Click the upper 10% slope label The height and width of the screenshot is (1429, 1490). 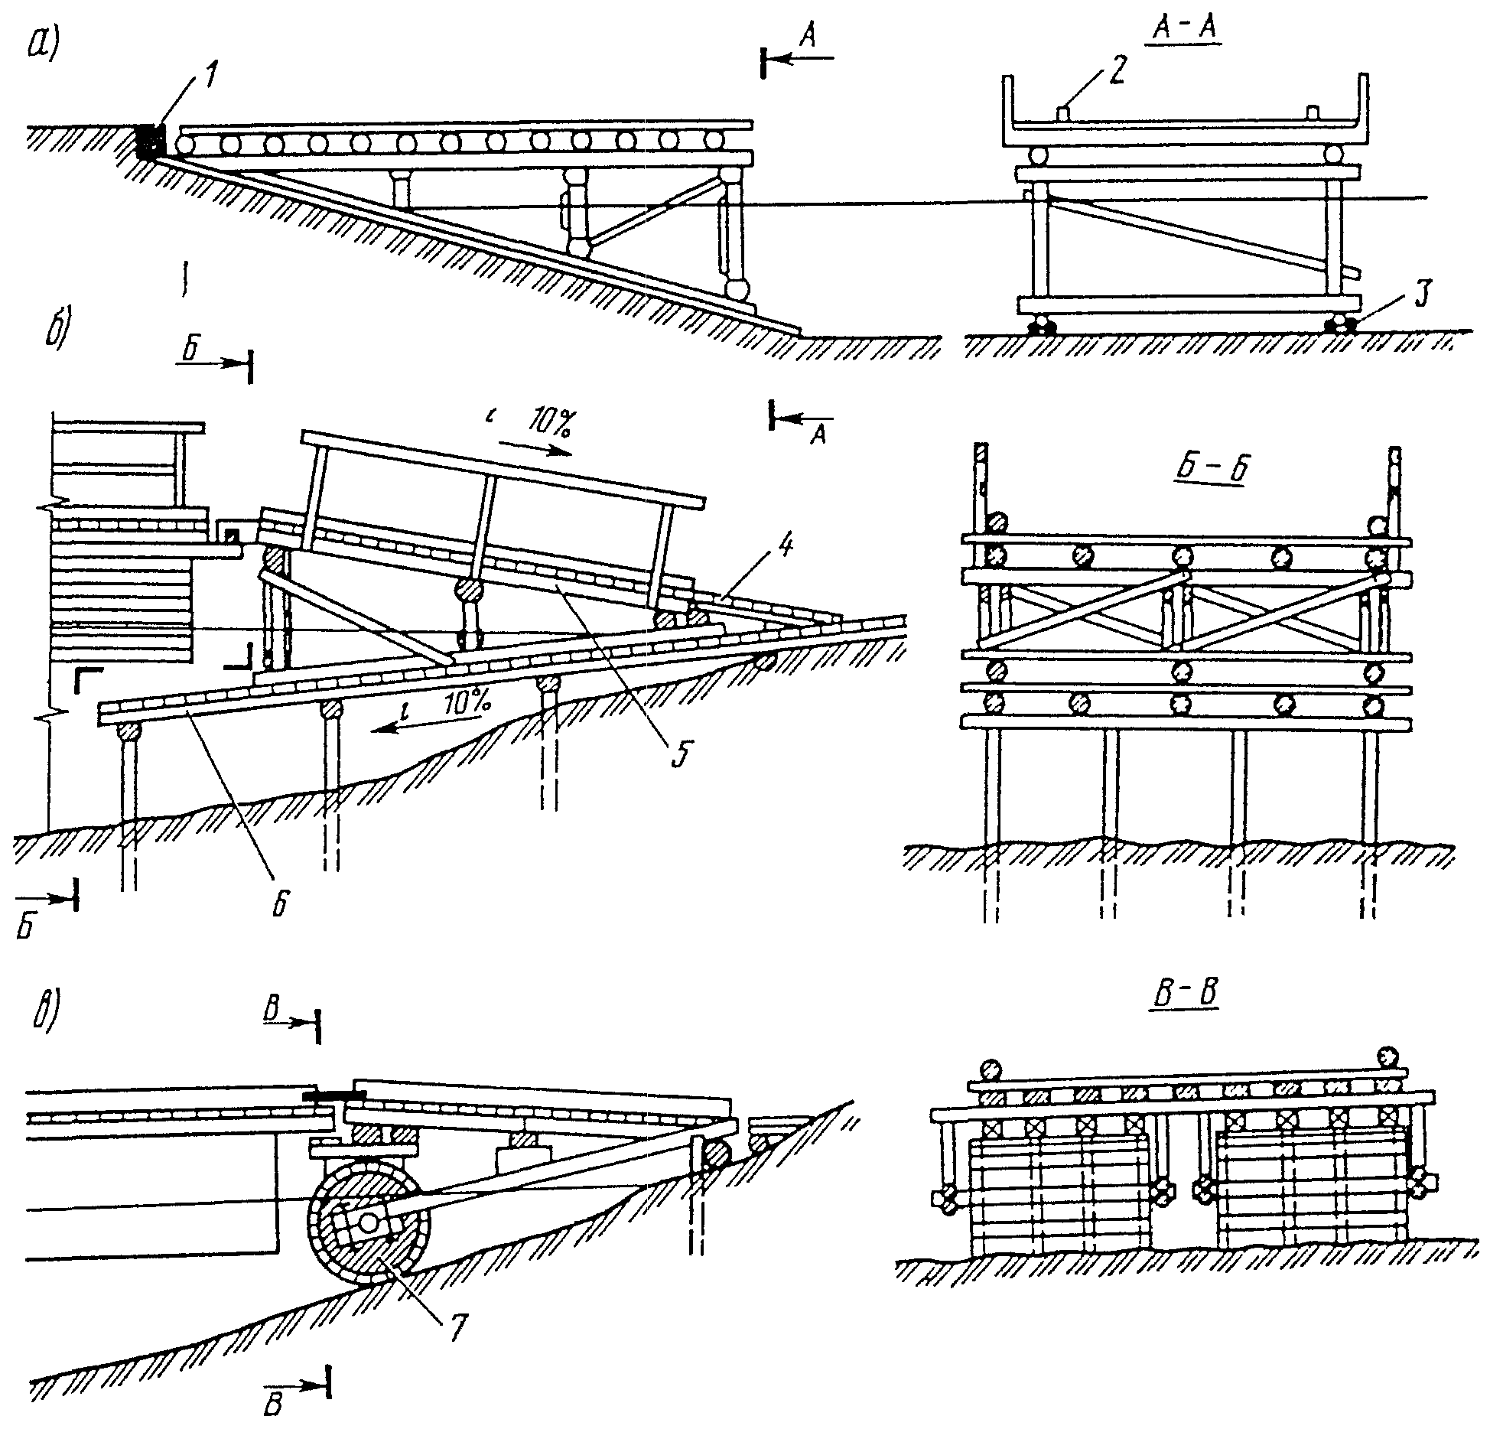click(547, 425)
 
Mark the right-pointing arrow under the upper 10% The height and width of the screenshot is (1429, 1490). click(535, 448)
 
